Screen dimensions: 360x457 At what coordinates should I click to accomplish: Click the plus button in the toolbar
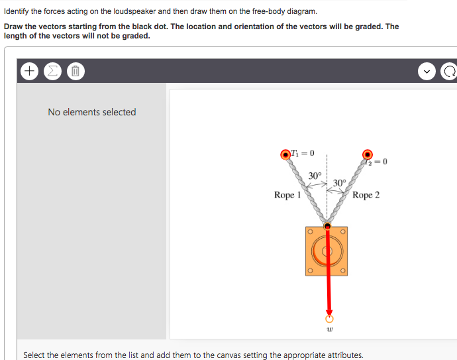(x=30, y=70)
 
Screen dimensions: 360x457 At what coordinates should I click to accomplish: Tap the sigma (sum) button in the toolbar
(x=52, y=70)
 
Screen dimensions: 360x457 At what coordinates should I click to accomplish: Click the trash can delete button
(x=75, y=70)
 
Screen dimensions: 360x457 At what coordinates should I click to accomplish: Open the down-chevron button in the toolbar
(x=428, y=71)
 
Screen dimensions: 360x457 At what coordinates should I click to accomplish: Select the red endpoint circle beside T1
(x=286, y=154)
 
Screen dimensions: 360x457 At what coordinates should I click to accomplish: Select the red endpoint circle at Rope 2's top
(x=367, y=154)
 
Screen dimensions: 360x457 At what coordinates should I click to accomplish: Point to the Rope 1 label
(x=287, y=195)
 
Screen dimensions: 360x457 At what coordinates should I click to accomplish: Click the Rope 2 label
(x=366, y=195)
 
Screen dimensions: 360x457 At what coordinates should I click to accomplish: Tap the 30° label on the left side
(x=315, y=176)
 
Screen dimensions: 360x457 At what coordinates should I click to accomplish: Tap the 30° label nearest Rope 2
(x=339, y=183)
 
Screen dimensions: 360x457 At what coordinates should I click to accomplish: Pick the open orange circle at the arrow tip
(x=328, y=318)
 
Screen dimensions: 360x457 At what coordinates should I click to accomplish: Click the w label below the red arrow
(x=329, y=330)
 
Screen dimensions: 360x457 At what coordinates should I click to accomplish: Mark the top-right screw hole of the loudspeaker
(x=344, y=232)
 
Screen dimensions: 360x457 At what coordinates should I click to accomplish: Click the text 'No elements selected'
(x=91, y=112)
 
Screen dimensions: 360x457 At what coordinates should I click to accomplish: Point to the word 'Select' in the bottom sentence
(x=36, y=355)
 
